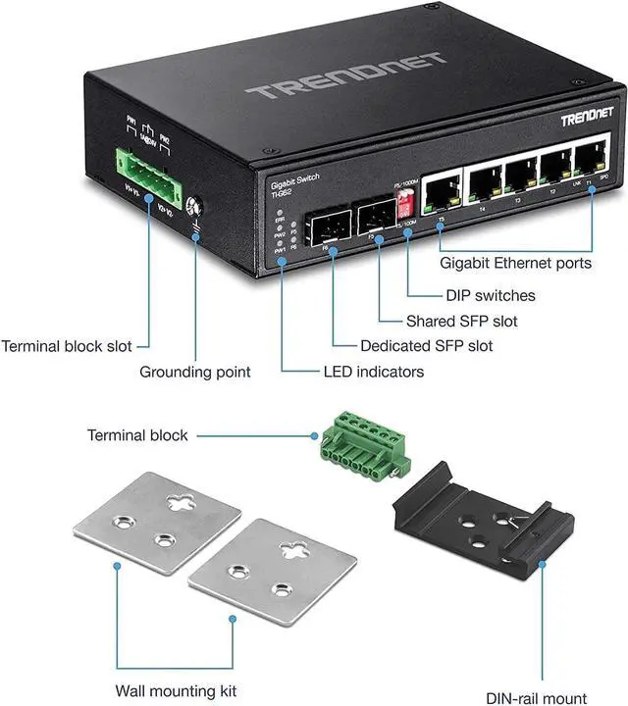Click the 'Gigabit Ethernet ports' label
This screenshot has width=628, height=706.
tap(516, 263)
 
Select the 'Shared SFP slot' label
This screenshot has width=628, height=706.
tap(447, 321)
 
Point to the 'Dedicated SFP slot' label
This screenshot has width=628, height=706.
tap(427, 346)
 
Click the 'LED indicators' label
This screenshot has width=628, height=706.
tap(374, 372)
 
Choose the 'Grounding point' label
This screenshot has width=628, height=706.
tap(195, 372)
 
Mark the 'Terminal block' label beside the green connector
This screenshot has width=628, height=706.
tap(137, 434)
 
